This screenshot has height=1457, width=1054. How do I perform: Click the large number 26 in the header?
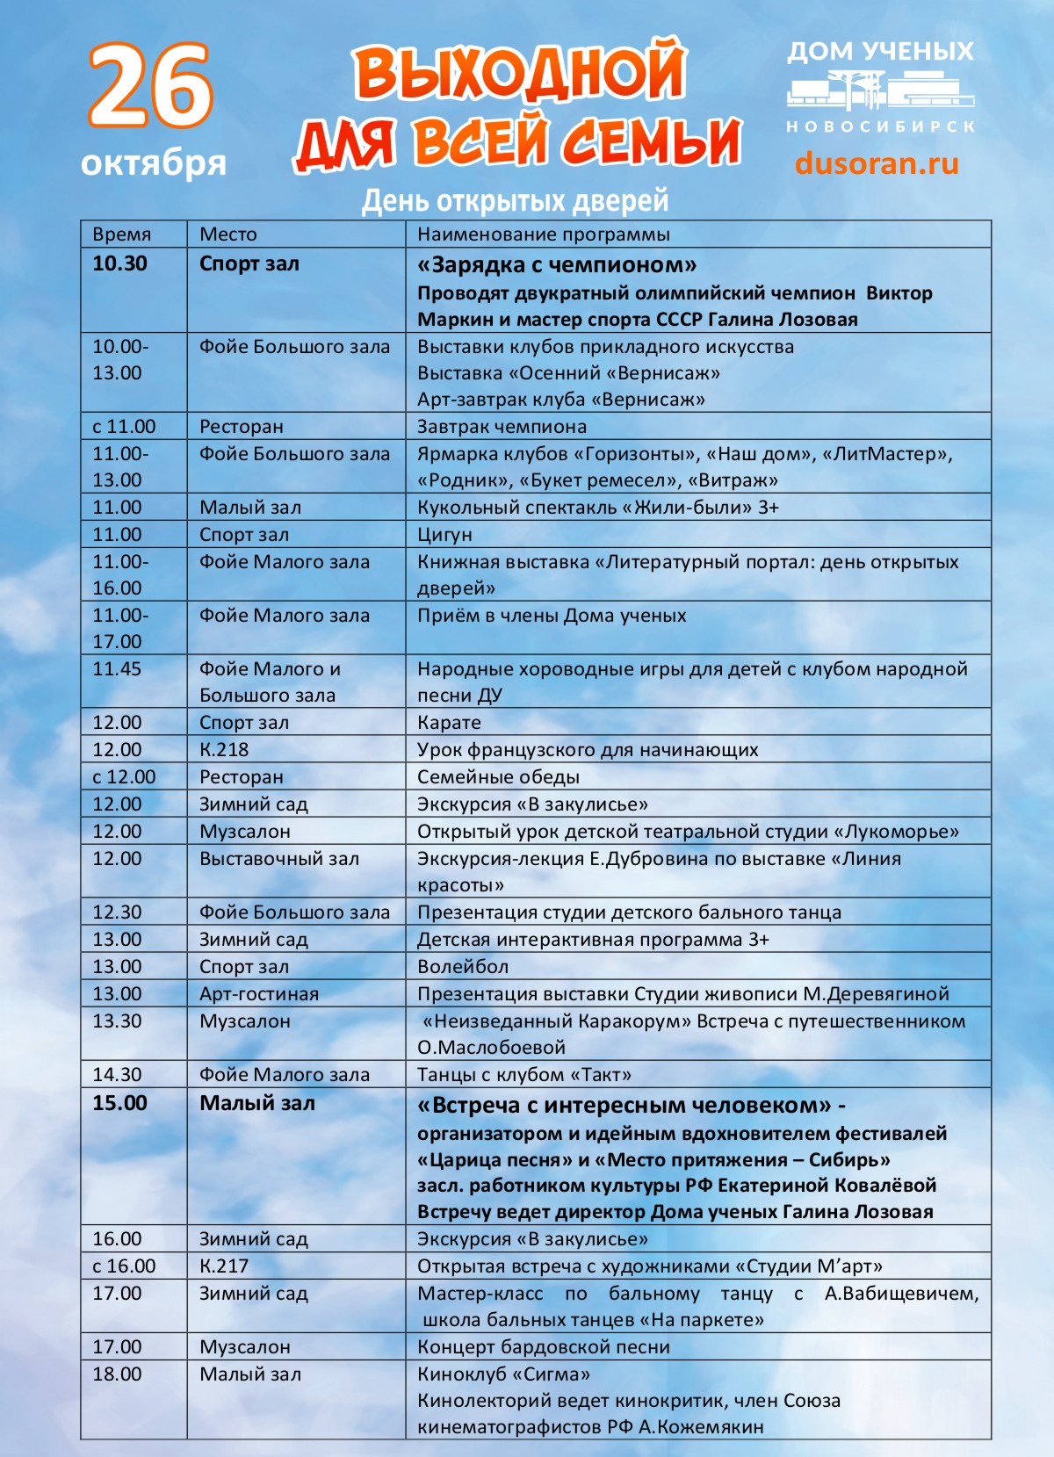[x=150, y=86]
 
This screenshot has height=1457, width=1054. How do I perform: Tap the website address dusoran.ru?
[x=877, y=163]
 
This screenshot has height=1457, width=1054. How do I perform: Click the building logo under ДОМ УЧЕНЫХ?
[x=879, y=91]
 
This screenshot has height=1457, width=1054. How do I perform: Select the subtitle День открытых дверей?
[x=516, y=200]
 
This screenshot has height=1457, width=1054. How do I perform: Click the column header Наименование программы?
[x=543, y=234]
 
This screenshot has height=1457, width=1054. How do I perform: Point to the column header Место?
[x=228, y=234]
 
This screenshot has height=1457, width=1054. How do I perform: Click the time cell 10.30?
[x=120, y=263]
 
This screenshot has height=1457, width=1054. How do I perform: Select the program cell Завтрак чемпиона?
[x=502, y=427]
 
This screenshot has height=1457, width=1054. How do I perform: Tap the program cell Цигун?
[x=444, y=535]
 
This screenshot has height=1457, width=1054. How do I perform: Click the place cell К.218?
[x=224, y=750]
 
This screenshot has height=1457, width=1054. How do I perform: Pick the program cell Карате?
[x=449, y=723]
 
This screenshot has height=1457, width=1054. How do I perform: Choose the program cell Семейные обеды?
[x=498, y=777]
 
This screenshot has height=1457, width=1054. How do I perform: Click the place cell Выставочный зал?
[x=279, y=859]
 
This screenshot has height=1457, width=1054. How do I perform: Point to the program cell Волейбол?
[x=463, y=967]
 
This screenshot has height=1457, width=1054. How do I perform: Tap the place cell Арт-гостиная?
[x=259, y=994]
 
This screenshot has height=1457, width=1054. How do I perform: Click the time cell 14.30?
[x=117, y=1075]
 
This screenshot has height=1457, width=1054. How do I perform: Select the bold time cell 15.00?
[x=120, y=1104]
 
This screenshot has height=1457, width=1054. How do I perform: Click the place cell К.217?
[x=224, y=1266]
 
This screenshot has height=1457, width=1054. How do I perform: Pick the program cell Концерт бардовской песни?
[x=544, y=1347]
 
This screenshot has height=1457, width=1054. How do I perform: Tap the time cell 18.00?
[x=117, y=1374]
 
